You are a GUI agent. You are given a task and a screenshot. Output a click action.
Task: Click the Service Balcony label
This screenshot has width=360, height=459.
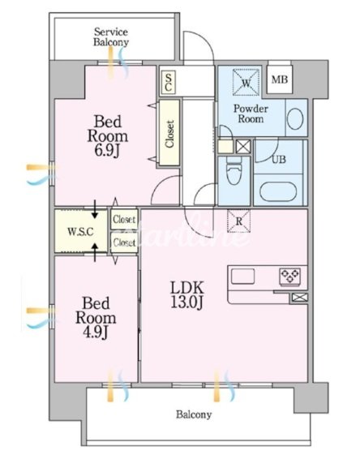pos(111,36)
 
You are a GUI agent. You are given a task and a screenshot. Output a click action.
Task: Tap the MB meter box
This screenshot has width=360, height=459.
pos(280,79)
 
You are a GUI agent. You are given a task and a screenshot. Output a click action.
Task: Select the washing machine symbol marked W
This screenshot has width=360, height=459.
pos(246,82)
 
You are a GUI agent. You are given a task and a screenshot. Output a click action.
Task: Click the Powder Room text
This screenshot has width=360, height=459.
pos(251,114)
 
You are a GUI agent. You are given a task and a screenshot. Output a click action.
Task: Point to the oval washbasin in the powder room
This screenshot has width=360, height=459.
pos(295,118)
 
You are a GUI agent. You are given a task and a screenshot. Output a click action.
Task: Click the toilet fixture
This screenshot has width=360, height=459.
pos(234,170)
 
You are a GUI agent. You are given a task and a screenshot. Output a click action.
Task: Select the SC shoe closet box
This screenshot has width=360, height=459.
pos(169,83)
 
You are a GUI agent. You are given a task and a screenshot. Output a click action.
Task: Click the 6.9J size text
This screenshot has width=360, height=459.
pos(108,151)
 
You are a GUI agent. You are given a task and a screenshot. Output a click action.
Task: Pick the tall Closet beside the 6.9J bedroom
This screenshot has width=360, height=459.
pos(169,133)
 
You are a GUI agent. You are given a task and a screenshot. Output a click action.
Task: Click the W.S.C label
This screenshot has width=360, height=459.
pos(80,232)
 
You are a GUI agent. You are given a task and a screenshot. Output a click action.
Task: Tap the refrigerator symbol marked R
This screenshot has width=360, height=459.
pos(239,221)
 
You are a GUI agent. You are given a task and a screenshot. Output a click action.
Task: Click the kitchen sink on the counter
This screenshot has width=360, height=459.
pos(243,277)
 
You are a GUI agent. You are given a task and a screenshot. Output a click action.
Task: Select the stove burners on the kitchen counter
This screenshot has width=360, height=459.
pos(289,276)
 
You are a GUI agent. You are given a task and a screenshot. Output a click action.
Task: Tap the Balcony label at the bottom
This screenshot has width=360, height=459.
pos(194,414)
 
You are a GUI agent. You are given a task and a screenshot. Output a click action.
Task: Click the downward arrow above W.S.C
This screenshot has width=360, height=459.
pos(95,209)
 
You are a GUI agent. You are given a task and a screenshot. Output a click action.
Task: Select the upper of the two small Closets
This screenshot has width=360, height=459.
pos(124,219)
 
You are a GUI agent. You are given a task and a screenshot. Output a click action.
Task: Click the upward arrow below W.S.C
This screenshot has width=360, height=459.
pos(95,252)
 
